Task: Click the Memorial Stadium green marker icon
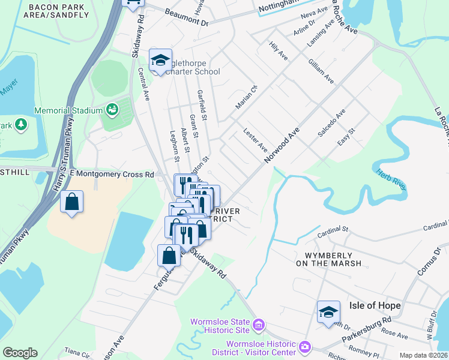[x=112, y=110]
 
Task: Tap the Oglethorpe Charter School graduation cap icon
[x=160, y=60]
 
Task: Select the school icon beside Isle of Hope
[x=328, y=312]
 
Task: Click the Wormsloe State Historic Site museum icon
[x=259, y=326]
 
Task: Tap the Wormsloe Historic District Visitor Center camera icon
[x=305, y=347]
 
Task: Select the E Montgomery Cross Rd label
[x=112, y=174]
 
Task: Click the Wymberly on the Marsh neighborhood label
[x=329, y=259]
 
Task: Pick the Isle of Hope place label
[x=375, y=305]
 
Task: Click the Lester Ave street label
[x=255, y=139]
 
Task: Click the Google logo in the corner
[x=20, y=353]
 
